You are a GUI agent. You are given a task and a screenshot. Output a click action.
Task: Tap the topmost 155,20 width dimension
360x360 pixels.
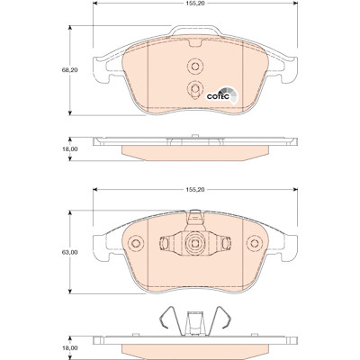pos(195,4)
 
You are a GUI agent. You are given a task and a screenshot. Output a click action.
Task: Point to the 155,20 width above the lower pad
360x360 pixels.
pos(195,190)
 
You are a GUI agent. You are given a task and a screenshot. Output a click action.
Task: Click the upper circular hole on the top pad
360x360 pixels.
pos(195,66)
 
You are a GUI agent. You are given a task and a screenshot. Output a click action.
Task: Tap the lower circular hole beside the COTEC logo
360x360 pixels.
pos(195,88)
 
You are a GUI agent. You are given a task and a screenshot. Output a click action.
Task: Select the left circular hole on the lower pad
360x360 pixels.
pos(136,243)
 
